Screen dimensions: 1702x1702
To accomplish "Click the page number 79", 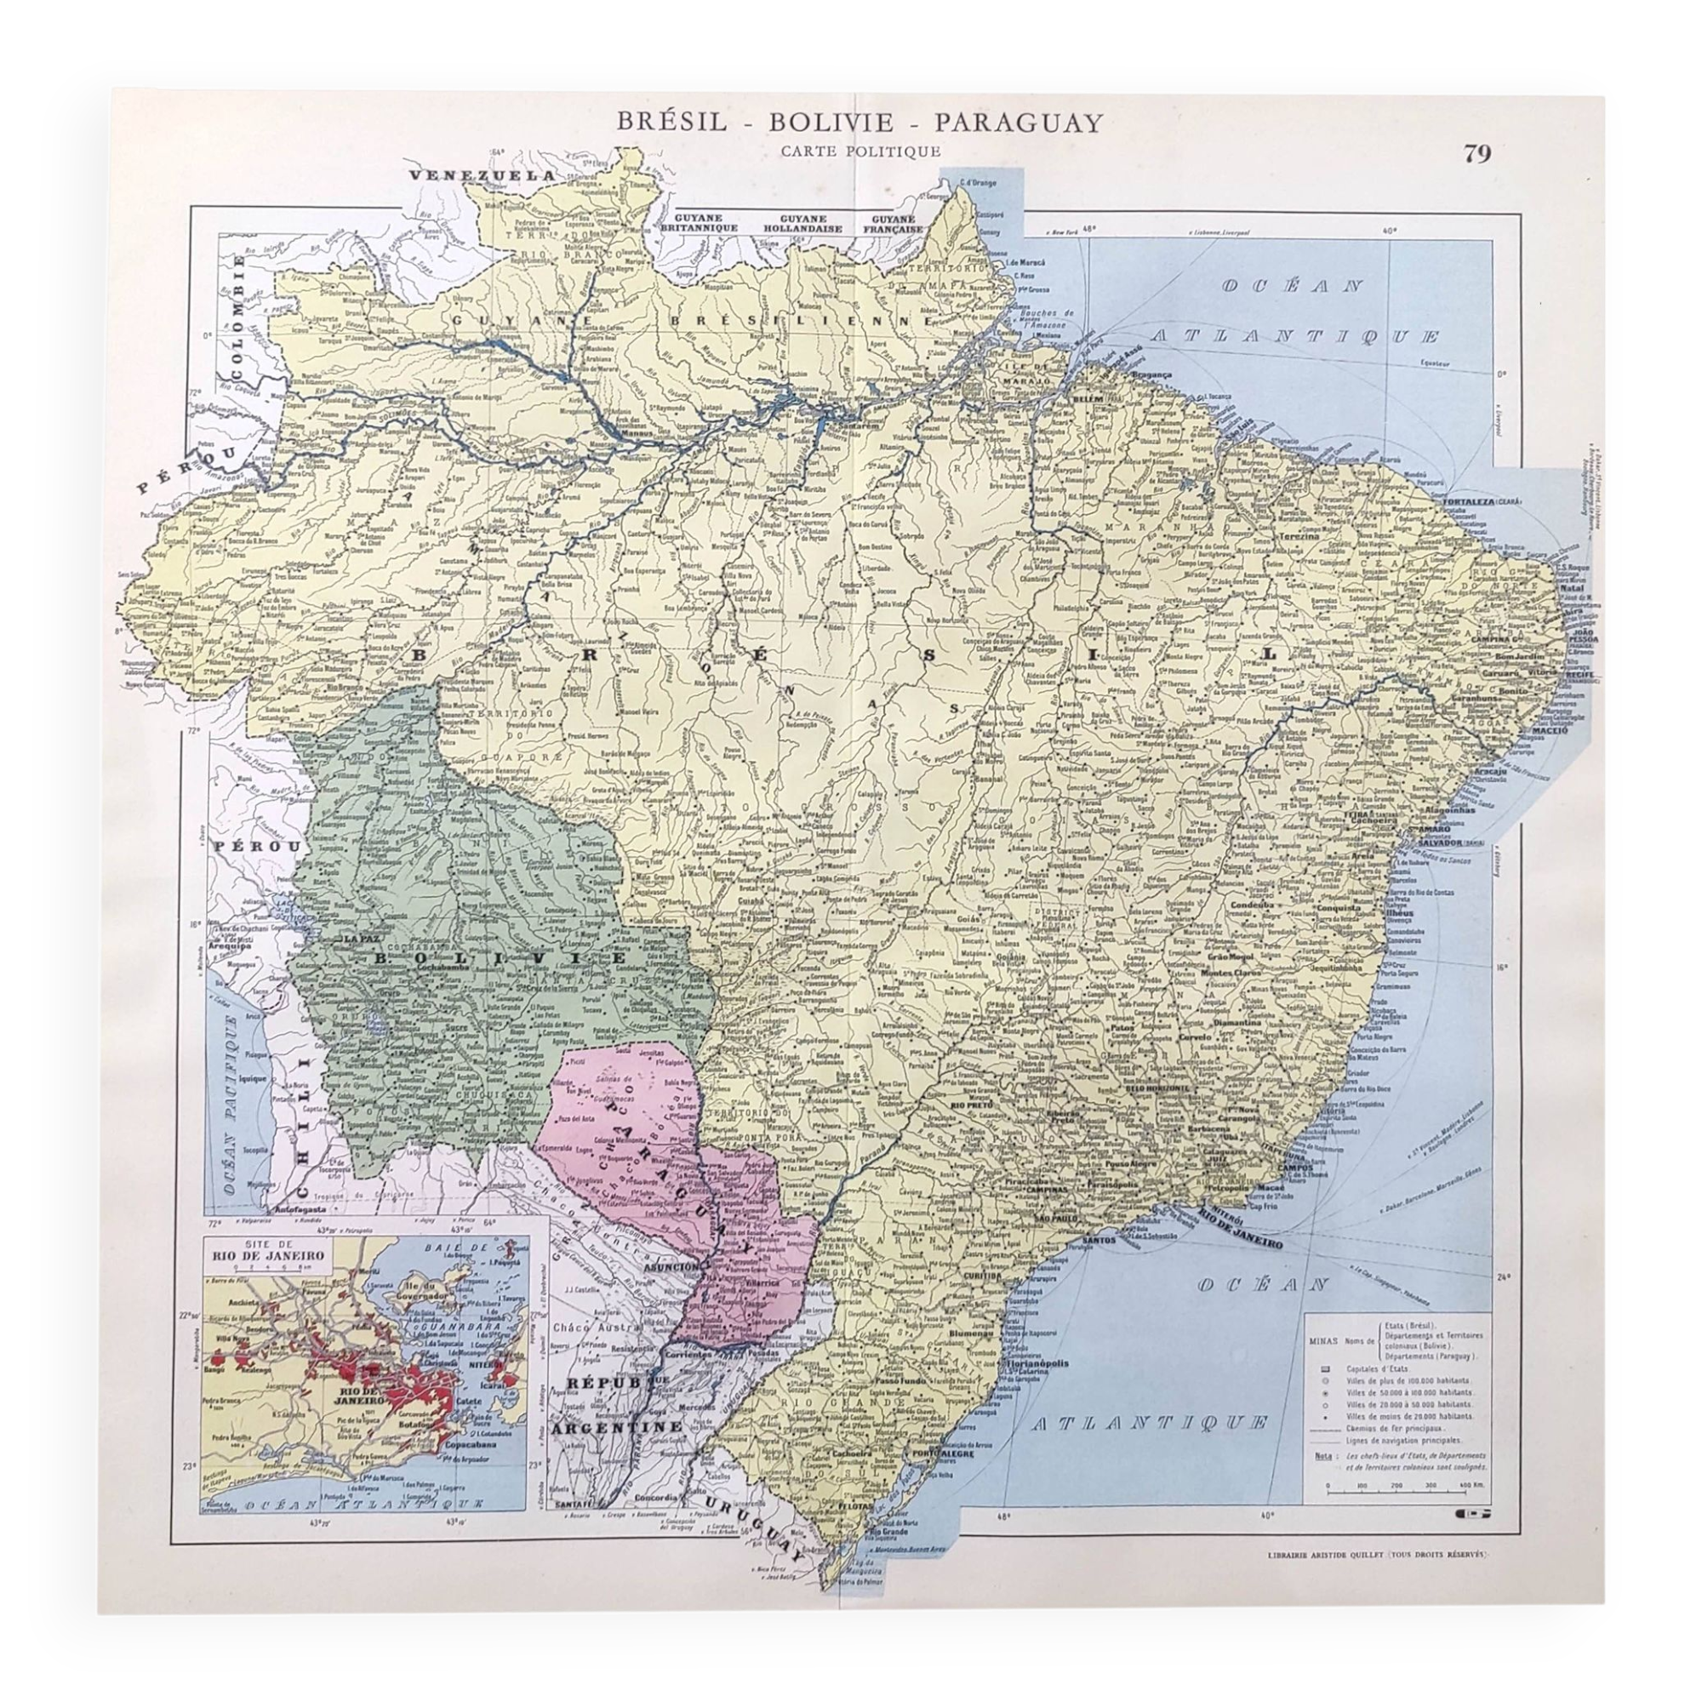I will (x=1477, y=153).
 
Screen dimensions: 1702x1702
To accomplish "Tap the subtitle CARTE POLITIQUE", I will (x=860, y=151).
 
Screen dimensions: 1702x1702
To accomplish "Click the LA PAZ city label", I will (x=361, y=940).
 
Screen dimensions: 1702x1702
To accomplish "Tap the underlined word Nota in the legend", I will (x=1322, y=1456).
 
